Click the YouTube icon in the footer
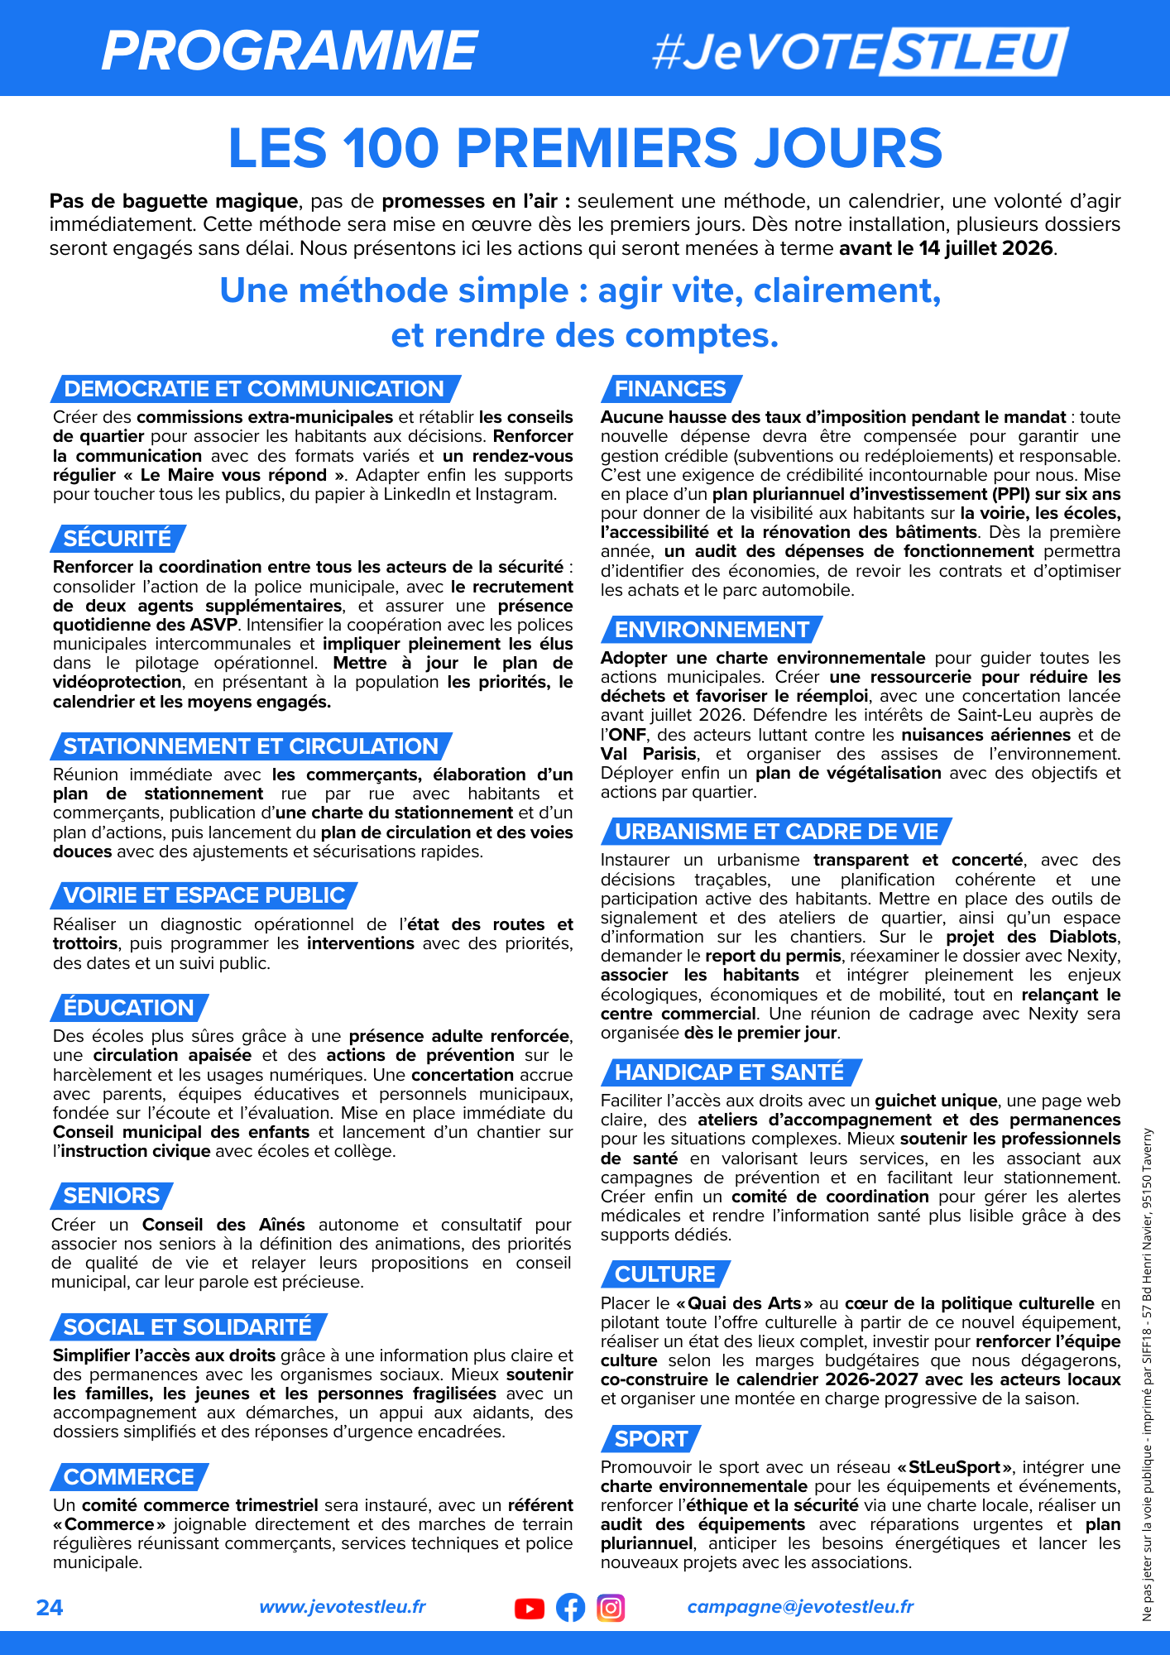click(530, 1608)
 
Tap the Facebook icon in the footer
click(570, 1608)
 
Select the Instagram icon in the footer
click(611, 1608)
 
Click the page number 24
click(50, 1607)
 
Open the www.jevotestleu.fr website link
click(343, 1607)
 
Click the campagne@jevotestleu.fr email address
click(800, 1607)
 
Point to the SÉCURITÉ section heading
click(117, 539)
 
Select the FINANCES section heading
click(670, 389)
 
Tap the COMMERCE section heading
click(128, 1477)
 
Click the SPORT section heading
click(651, 1439)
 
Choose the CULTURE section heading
click(665, 1274)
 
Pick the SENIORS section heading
click(112, 1196)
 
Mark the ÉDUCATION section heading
click(128, 1008)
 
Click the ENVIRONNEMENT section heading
click(712, 630)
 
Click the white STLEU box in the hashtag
click(975, 51)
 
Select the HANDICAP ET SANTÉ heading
click(729, 1072)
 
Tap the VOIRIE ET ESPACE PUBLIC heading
click(204, 895)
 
